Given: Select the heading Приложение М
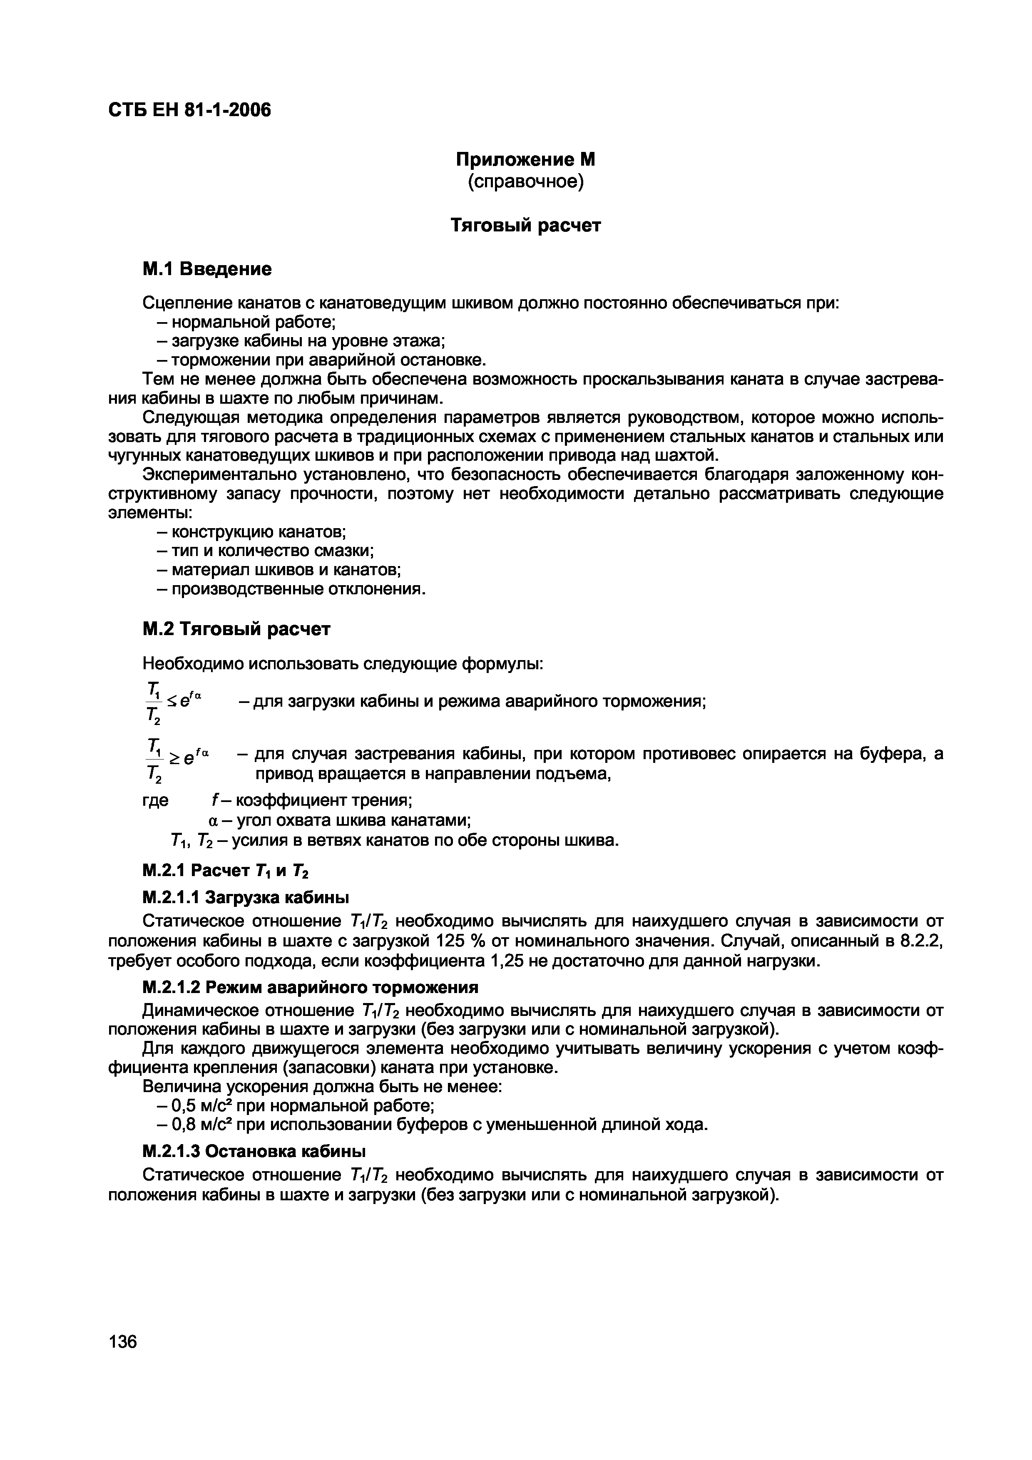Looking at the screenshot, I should pyautogui.click(x=525, y=159).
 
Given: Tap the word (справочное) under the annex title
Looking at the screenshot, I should pyautogui.click(x=525, y=182).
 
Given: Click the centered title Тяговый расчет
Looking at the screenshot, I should pyautogui.click(x=525, y=226).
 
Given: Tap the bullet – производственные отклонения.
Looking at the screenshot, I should pyautogui.click(x=291, y=589).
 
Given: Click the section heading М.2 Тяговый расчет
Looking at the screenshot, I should pyautogui.click(x=236, y=629).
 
